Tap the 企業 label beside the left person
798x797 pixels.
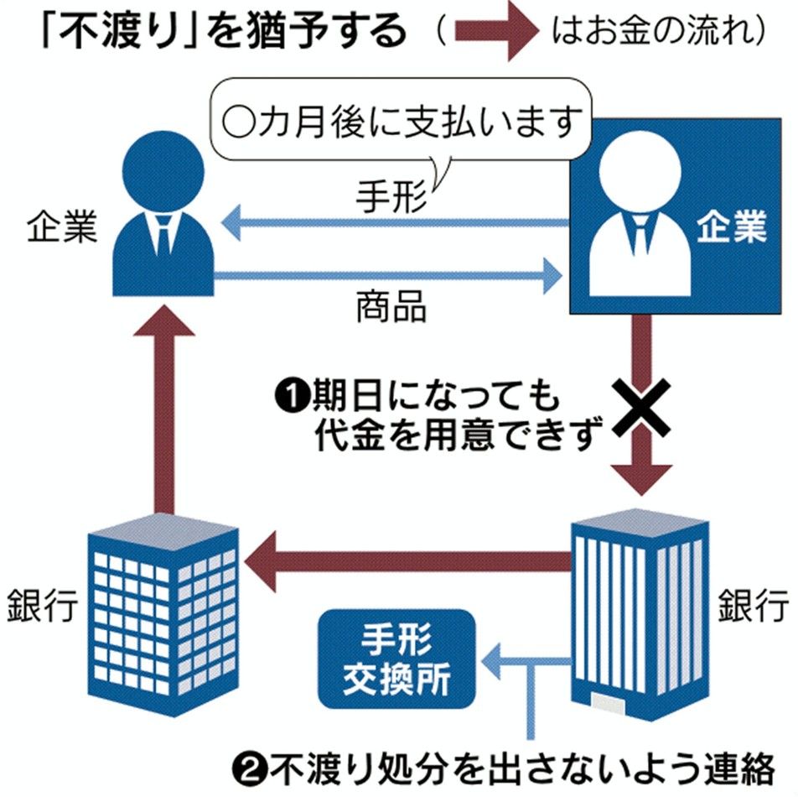coord(59,227)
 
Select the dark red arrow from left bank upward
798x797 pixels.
coord(164,403)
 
